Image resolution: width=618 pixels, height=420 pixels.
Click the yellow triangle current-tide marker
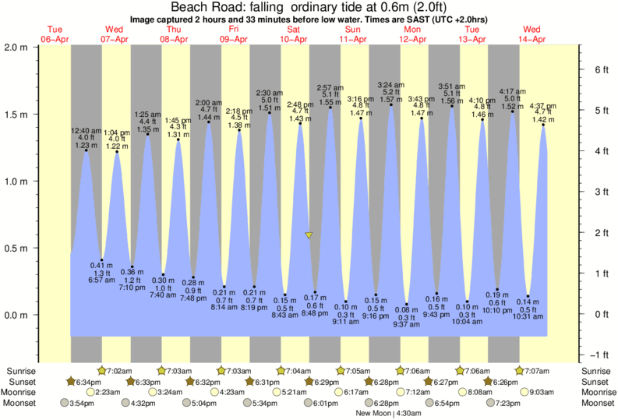[309, 235]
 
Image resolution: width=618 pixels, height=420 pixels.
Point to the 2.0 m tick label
[17, 47]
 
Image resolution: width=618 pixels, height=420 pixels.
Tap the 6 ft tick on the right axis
[601, 69]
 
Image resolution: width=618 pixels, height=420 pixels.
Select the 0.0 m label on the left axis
[17, 316]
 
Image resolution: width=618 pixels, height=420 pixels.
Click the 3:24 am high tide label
[390, 84]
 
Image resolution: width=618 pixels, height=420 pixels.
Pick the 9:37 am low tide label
[406, 325]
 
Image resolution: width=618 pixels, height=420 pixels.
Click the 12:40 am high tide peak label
[87, 130]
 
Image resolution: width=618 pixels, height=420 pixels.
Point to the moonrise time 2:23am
[108, 392]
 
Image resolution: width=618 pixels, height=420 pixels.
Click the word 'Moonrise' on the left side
[23, 392]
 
